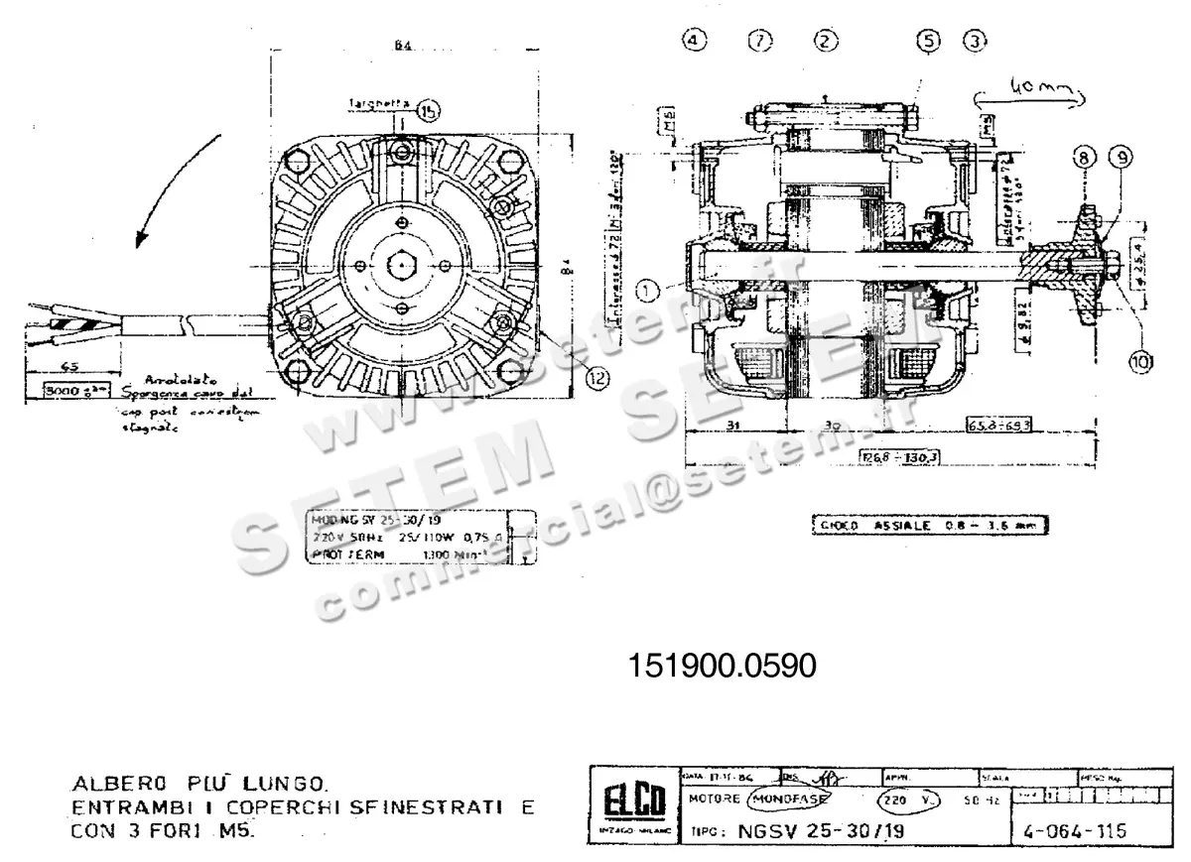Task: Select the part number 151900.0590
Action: coord(722,665)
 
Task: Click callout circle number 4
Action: coord(696,40)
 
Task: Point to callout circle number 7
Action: coord(761,40)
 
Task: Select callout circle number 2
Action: coord(826,40)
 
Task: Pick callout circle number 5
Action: coord(928,40)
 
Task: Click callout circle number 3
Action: coord(977,40)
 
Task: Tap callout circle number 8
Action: coord(1083,157)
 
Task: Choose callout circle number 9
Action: coord(1122,157)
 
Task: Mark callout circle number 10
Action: coord(1140,362)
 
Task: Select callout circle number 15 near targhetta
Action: coord(428,111)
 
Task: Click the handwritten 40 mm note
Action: coord(1033,91)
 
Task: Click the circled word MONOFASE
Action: coord(790,799)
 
